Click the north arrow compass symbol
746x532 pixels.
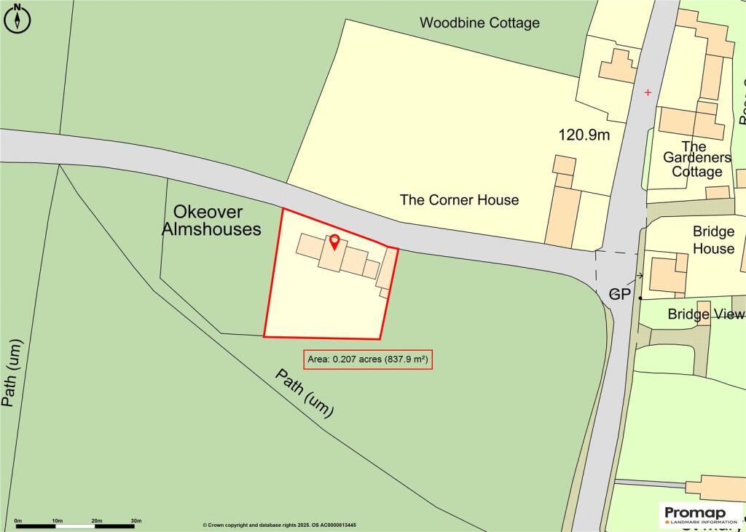(17, 19)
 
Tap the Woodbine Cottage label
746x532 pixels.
(479, 23)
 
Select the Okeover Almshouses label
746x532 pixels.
(217, 221)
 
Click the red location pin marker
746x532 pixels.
(334, 242)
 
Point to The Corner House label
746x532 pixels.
(459, 199)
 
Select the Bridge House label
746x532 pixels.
(713, 240)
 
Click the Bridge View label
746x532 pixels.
(706, 314)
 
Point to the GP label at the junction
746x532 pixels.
(619, 294)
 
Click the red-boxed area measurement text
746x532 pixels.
(368, 360)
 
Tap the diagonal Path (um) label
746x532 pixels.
(305, 393)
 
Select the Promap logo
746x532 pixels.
(700, 515)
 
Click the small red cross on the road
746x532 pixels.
(648, 92)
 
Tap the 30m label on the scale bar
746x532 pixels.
(136, 520)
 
